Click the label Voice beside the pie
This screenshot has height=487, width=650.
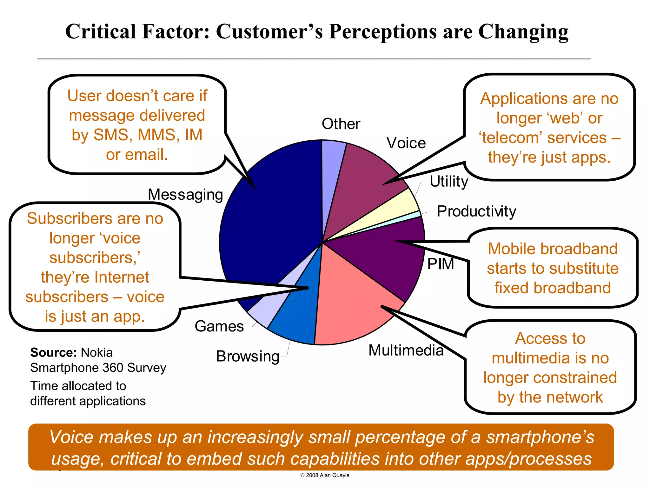click(x=406, y=143)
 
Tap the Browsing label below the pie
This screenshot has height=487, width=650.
click(x=248, y=356)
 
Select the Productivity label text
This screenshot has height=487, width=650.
click(x=476, y=211)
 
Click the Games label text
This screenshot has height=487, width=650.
click(x=219, y=326)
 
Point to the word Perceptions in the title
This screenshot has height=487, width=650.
click(x=383, y=32)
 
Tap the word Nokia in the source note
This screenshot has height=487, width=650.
click(x=97, y=353)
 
